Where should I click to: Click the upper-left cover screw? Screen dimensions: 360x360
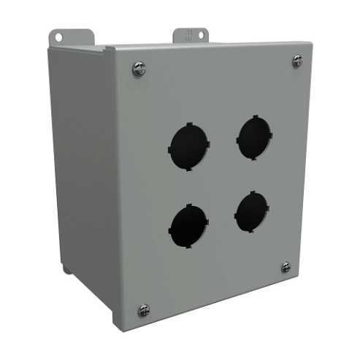point(139,69)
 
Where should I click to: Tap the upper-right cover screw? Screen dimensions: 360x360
point(297,61)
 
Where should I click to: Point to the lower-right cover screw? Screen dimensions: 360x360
point(286,268)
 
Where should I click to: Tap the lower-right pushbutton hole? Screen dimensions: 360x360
point(252,212)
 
